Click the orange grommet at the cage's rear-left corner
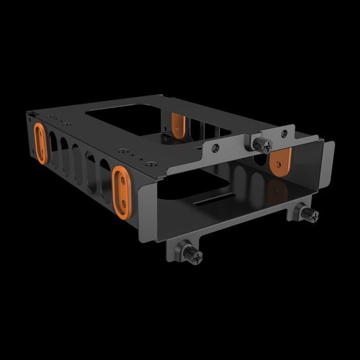[40, 141]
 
